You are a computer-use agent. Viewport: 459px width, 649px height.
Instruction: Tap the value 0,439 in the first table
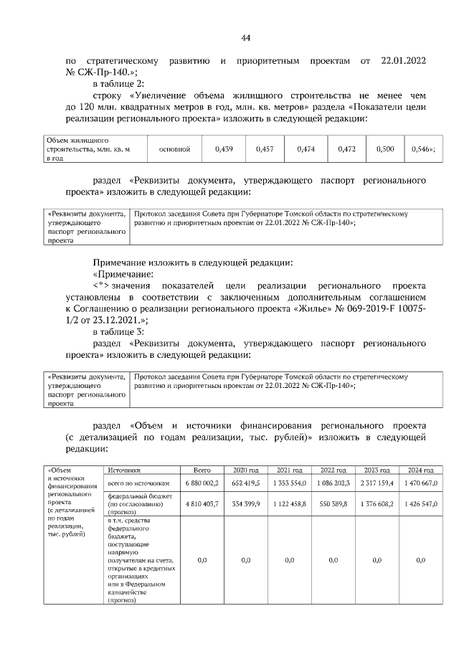tap(224, 149)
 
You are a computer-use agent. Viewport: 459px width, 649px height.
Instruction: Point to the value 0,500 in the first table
tap(385, 149)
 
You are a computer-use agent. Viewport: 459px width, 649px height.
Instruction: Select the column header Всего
tap(202, 470)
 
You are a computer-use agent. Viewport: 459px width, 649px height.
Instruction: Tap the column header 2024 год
tap(421, 470)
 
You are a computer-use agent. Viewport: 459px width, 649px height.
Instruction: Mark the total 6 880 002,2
tap(202, 484)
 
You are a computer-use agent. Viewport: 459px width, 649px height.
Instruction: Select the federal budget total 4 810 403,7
tap(202, 504)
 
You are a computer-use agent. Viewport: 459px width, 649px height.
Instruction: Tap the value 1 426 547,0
tap(421, 504)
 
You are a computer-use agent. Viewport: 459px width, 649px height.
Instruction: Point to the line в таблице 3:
tap(119, 331)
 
